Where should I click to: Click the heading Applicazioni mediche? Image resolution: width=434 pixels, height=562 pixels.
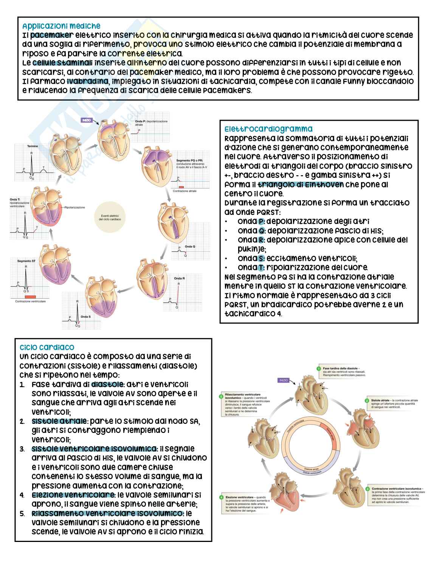61,26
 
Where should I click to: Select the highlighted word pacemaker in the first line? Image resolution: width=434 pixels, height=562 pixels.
51,35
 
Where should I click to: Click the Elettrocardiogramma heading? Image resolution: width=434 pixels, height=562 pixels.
268,129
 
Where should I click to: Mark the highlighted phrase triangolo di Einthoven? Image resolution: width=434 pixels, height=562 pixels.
301,185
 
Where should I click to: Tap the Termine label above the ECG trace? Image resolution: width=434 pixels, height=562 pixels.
33,146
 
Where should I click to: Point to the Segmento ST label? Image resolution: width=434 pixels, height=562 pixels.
26,261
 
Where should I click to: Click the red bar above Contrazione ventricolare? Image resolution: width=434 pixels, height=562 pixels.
30,296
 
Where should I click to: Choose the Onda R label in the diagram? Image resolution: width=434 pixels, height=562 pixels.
180,279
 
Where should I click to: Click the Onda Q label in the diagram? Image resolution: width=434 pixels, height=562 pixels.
190,246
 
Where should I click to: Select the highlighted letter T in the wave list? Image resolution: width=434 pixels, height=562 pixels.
261,268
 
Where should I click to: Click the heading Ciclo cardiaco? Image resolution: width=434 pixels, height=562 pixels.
47,347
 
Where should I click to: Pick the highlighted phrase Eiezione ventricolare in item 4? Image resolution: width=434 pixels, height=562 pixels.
73,495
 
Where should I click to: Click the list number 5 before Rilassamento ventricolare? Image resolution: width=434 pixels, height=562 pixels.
22,514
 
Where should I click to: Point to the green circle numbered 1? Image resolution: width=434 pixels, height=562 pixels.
319,368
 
